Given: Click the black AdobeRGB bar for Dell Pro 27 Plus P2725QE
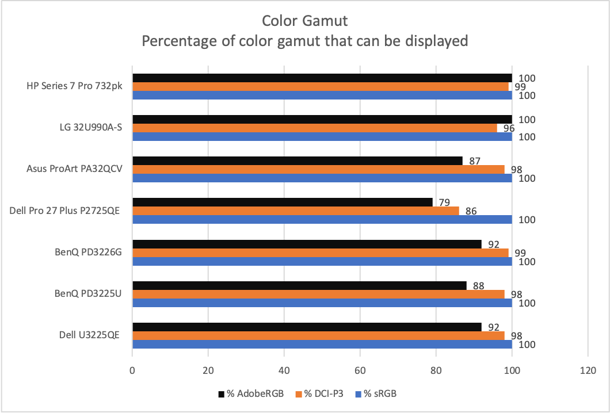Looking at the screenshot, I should click(282, 202).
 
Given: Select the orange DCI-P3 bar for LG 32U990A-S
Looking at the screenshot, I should click(315, 128).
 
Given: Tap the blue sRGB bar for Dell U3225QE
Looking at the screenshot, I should click(322, 345).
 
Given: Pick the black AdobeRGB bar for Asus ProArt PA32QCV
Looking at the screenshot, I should click(298, 160).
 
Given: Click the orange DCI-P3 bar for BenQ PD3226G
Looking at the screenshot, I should click(321, 253).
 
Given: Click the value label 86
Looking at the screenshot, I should click(471, 211).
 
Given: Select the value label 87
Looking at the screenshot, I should click(475, 160).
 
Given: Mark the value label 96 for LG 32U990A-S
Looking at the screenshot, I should click(509, 128).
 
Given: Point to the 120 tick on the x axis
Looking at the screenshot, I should click(588, 371).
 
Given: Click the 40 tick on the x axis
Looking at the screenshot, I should click(284, 371).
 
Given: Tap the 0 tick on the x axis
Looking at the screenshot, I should click(132, 371).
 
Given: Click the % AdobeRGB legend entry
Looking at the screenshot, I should click(251, 394).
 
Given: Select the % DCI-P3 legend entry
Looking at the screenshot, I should click(320, 394).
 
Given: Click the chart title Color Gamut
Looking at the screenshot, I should click(304, 21).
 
